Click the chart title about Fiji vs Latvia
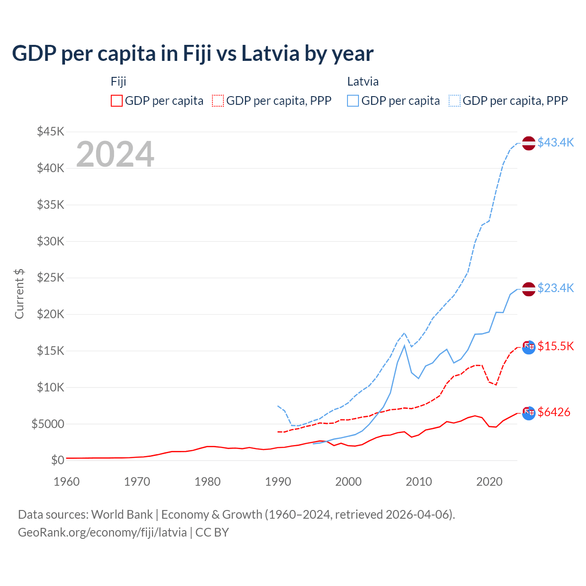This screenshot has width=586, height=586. pos(193,54)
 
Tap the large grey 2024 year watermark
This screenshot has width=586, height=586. pos(115,154)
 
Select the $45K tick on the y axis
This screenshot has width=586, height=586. pos(51,132)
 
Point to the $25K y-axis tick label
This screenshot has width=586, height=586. pos(51,278)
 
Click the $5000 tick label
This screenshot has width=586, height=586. pos(48,424)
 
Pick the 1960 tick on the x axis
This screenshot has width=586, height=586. pos(67,482)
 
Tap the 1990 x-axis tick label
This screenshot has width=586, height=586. pos(278,482)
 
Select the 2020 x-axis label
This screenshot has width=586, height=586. pos(489,482)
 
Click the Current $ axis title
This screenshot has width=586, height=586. pos(19,293)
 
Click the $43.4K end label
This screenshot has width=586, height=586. pos(555,143)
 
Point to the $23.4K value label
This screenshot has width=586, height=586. pos(555,288)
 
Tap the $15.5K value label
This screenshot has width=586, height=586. pos(555,346)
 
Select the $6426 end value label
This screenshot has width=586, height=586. pos(554,412)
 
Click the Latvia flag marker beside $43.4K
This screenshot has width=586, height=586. pos(529,143)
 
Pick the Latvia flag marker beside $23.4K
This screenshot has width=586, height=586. pos(529,289)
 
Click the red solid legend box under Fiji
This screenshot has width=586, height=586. pos(117,101)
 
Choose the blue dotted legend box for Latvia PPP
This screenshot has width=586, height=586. pos(455,101)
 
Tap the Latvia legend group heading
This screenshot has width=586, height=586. pos(363,81)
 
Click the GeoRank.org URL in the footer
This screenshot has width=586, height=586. pos(103,532)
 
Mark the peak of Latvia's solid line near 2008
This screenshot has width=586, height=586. pos(404,346)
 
